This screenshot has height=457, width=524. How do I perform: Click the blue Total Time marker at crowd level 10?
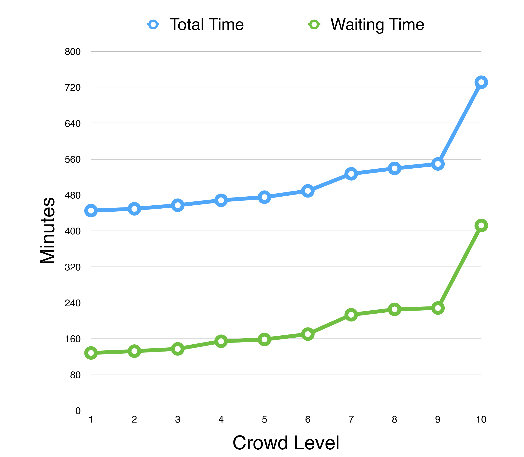tap(481, 82)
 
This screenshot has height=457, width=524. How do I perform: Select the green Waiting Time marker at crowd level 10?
tap(481, 225)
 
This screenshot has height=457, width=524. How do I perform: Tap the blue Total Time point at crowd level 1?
tap(91, 211)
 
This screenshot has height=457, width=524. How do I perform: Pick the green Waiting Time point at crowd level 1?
tap(91, 353)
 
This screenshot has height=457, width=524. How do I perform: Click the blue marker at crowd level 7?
tap(351, 174)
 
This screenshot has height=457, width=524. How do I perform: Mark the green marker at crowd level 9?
tap(438, 308)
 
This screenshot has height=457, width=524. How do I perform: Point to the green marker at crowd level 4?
tap(221, 341)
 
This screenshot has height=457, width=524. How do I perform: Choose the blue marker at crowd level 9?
tap(438, 164)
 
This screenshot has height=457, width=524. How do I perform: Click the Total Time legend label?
tap(207, 25)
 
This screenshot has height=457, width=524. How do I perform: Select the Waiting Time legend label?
tap(377, 25)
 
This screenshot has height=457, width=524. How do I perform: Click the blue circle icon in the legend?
tap(153, 25)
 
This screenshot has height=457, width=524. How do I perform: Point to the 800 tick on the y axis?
tap(73, 52)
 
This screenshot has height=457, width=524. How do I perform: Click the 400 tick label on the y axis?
tap(73, 231)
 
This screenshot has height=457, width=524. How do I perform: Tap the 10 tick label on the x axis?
tap(481, 420)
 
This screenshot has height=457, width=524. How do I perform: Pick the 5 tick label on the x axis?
tap(264, 420)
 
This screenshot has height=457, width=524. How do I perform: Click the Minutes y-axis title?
tap(48, 231)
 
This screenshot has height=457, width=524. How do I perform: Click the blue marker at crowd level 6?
tap(308, 191)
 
